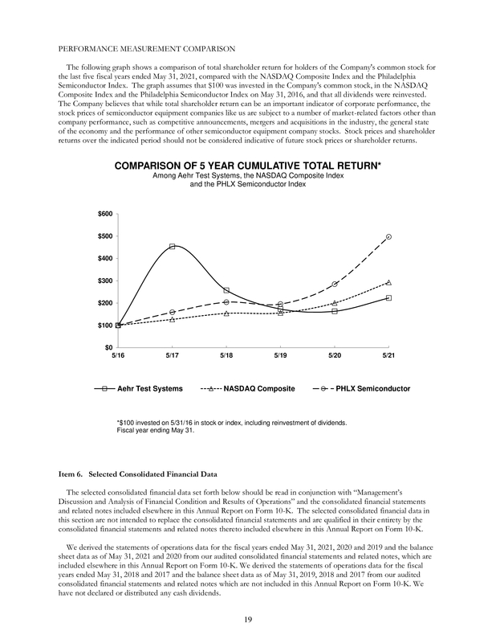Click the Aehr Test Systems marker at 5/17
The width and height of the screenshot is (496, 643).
tap(173, 247)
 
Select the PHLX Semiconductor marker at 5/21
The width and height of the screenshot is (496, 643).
tap(388, 237)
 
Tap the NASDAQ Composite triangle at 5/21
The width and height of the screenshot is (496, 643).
tap(388, 282)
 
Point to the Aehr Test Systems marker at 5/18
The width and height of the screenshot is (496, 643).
tap(226, 290)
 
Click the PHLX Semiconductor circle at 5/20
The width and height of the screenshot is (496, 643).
tap(335, 285)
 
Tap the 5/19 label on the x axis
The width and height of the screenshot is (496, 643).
tap(280, 355)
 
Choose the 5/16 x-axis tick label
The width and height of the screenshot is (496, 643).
tap(118, 355)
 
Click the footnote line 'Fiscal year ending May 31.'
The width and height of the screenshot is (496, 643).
tap(158, 430)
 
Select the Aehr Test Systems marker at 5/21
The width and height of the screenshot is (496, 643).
tap(388, 298)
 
